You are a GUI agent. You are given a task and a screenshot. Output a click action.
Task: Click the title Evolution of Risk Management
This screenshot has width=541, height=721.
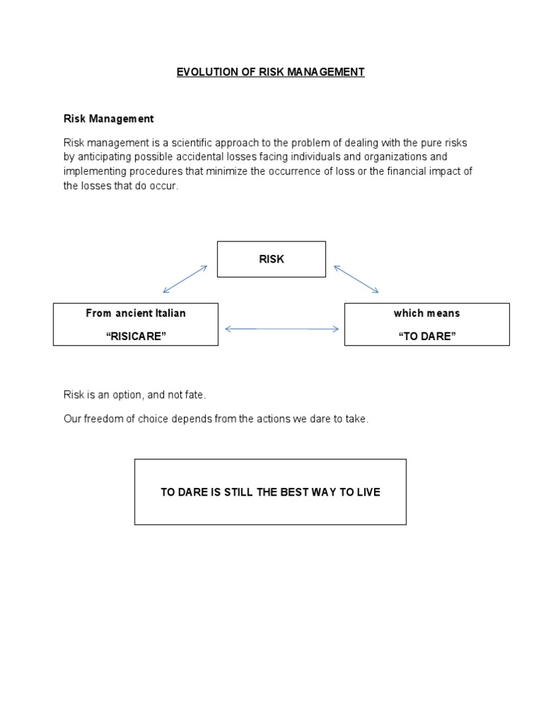270,72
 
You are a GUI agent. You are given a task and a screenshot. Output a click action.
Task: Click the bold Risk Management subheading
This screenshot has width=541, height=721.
108,119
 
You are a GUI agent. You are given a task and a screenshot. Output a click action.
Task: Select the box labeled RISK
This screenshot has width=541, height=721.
271,259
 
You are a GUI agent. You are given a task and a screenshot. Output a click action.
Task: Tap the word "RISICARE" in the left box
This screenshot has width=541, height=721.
135,336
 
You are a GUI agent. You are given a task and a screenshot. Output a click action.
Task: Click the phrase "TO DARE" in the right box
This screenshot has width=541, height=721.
427,336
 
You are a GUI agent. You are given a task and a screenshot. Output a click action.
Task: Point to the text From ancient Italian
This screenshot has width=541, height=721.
135,313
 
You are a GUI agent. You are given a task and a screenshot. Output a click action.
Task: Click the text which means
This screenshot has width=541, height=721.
427,313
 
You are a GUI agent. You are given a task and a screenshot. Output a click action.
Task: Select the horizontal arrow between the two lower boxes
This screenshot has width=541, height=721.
281,328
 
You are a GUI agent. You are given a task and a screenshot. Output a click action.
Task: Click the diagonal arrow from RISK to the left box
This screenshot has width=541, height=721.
185,279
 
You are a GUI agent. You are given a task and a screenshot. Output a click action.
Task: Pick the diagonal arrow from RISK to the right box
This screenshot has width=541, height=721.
356,279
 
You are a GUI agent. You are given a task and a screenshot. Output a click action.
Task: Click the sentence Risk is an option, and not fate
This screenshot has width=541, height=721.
135,396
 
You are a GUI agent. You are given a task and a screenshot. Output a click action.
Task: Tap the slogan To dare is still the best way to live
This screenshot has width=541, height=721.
270,492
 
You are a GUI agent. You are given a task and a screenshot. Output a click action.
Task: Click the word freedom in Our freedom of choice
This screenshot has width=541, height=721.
103,419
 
